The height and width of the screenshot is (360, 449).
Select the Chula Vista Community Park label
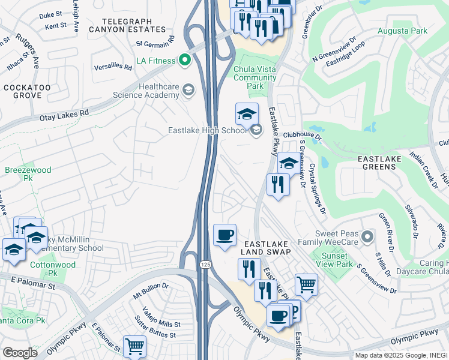coord(256,77)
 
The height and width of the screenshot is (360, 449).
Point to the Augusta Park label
coord(402,31)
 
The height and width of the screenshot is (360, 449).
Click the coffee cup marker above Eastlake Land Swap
coord(225,235)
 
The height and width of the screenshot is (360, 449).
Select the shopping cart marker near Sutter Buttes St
coord(134,346)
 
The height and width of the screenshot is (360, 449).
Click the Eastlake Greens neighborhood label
coord(384,162)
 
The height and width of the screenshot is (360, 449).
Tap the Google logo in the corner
coord(20,352)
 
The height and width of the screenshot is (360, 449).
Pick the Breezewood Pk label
coord(28,174)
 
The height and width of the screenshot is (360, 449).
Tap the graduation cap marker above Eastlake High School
coord(247,113)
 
